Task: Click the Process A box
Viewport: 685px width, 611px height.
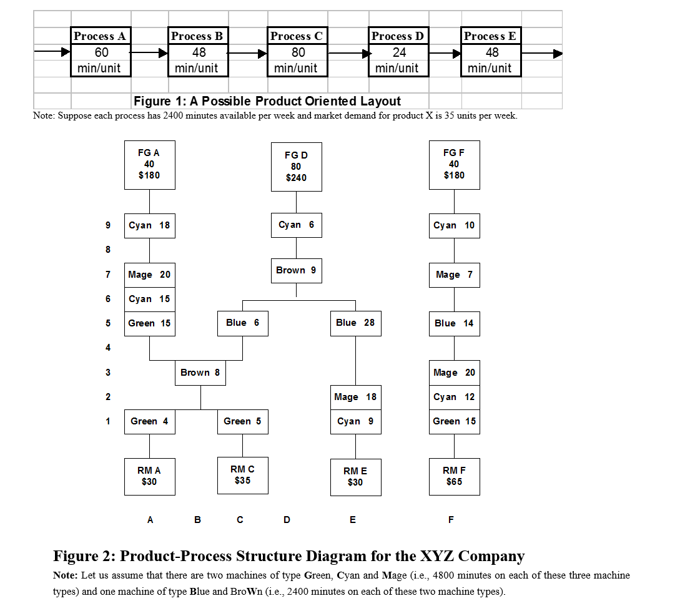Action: [101, 52]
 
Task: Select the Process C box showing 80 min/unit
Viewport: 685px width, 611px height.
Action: [297, 52]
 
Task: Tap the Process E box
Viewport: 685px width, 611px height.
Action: [490, 52]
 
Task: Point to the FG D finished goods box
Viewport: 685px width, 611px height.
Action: [296, 166]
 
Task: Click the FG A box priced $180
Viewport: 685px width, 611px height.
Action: [149, 164]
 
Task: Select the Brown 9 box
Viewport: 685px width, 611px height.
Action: [296, 270]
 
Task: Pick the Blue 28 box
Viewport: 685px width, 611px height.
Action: [355, 323]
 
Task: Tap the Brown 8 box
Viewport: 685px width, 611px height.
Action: [200, 373]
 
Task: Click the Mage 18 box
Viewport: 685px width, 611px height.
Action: [355, 397]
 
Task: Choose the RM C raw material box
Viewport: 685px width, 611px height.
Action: [242, 475]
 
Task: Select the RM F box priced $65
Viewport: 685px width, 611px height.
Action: [454, 477]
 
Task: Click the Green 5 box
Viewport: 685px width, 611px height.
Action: [242, 421]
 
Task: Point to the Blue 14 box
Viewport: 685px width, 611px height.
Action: [454, 323]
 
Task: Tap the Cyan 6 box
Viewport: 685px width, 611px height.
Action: [296, 225]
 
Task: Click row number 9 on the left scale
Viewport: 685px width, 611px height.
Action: [107, 225]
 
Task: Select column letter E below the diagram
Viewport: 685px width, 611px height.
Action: [353, 519]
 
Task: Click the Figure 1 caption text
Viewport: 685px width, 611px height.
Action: [267, 101]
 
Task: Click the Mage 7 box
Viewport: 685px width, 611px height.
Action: [454, 275]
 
